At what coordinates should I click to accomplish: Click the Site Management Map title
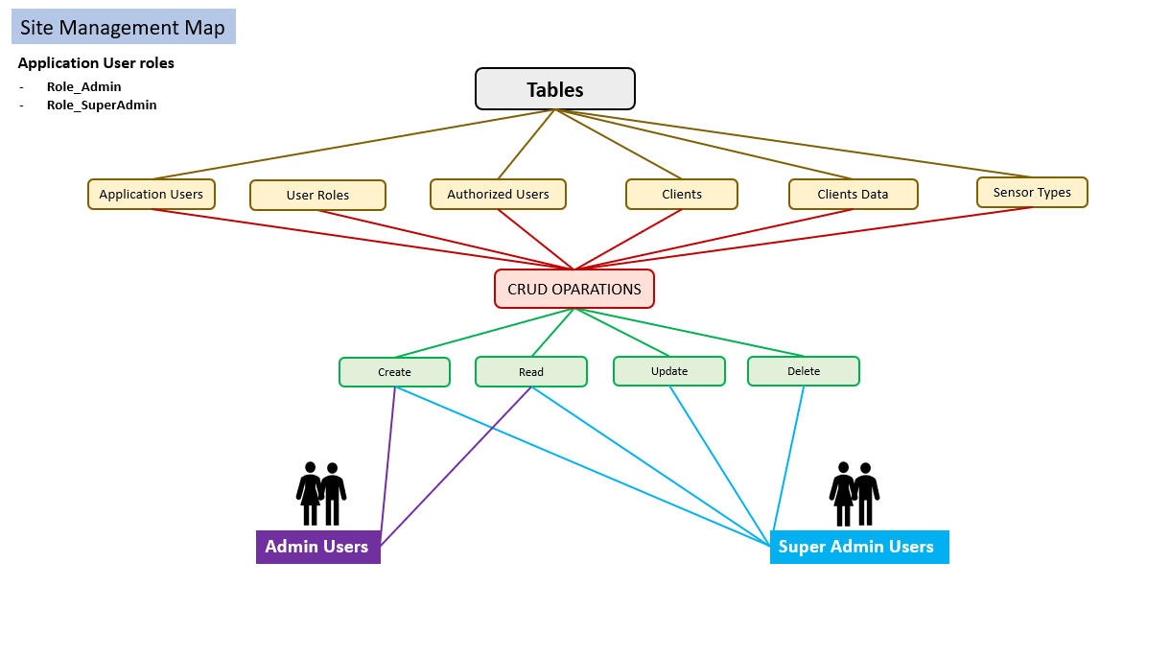point(123,27)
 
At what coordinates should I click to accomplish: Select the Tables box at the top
point(554,89)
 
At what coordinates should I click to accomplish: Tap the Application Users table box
point(152,194)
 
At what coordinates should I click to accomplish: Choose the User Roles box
point(317,195)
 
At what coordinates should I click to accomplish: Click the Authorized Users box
point(498,194)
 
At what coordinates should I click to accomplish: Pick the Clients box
point(681,194)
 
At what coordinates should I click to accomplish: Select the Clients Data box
point(853,194)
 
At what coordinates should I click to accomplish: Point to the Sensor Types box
point(1032,192)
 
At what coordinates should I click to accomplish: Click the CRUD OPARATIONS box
point(573,289)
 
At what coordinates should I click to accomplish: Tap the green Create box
point(394,372)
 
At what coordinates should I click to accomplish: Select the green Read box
point(530,372)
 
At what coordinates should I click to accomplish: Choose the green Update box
point(668,371)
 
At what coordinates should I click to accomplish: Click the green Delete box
point(803,371)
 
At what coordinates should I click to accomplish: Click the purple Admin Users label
point(317,547)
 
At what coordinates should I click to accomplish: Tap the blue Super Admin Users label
point(858,547)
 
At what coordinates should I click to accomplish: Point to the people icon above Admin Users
point(321,494)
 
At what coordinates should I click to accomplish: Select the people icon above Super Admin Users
point(854,494)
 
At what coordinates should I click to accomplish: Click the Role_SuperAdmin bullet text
point(102,105)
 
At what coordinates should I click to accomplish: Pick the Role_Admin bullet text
point(84,87)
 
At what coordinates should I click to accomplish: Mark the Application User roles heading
point(96,63)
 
